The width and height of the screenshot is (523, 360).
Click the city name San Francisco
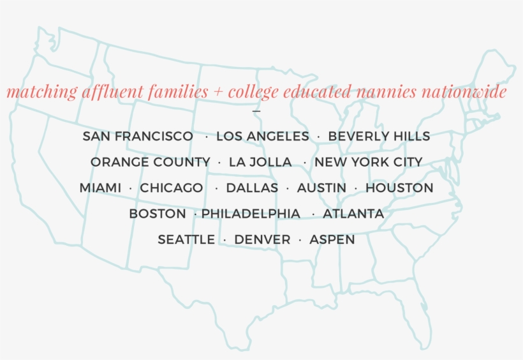click(138, 136)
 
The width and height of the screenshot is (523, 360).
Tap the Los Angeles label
click(262, 136)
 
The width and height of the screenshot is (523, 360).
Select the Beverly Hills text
click(379, 136)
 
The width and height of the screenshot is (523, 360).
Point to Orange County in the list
click(150, 162)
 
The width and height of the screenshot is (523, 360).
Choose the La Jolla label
click(260, 162)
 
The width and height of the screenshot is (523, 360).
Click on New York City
click(368, 162)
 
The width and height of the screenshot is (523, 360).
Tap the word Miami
click(100, 188)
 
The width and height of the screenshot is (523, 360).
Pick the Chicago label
click(172, 188)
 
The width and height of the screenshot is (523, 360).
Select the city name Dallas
click(252, 188)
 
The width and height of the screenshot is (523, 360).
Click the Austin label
click(321, 188)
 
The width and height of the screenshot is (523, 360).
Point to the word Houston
click(399, 188)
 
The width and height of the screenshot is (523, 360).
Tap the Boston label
click(158, 214)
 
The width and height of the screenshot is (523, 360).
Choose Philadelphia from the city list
click(251, 214)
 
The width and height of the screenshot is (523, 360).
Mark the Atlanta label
click(353, 214)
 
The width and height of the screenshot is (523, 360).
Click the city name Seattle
click(186, 240)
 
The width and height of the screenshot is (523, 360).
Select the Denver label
click(262, 240)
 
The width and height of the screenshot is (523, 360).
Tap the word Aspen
click(332, 240)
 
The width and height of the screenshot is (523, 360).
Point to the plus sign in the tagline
click(218, 93)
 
